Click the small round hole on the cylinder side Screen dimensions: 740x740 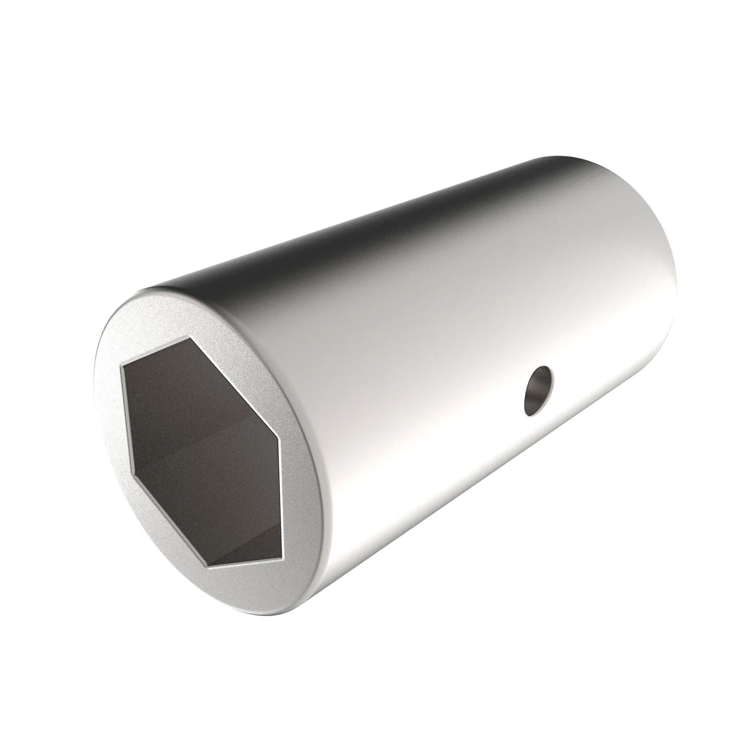click(538, 391)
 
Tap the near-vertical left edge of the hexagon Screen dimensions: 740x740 click(127, 417)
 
